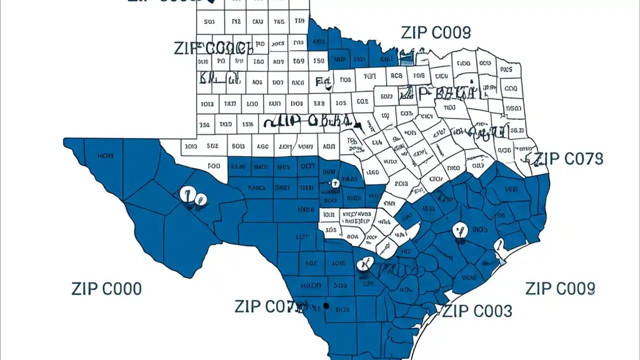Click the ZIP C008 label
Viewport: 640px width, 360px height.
(x=435, y=33)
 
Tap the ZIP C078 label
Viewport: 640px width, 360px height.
(x=568, y=159)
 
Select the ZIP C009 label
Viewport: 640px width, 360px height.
(x=560, y=288)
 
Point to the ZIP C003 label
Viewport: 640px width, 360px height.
(x=477, y=311)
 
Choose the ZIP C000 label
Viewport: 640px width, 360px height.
(x=106, y=289)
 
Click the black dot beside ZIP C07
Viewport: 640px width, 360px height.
(x=326, y=305)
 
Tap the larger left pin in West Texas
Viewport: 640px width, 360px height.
(x=188, y=195)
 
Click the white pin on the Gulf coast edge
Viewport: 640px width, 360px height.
(x=498, y=246)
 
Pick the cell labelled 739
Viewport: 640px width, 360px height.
(x=299, y=21)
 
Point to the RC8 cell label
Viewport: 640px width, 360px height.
(x=396, y=76)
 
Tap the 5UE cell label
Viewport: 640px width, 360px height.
(x=212, y=146)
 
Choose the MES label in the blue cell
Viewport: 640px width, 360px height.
(x=283, y=166)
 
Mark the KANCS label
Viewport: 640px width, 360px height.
(x=256, y=188)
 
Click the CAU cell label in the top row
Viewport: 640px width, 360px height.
(x=257, y=22)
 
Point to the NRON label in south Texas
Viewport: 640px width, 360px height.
(x=311, y=286)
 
